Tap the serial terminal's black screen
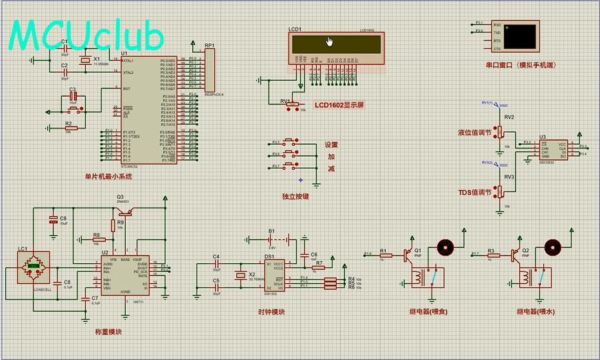[x=521, y=36]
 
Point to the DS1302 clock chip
[x=274, y=274]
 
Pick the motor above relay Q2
[x=551, y=248]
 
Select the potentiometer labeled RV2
[x=500, y=131]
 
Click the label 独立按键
[x=295, y=196]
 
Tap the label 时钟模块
[x=271, y=312]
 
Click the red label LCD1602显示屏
[x=340, y=105]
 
